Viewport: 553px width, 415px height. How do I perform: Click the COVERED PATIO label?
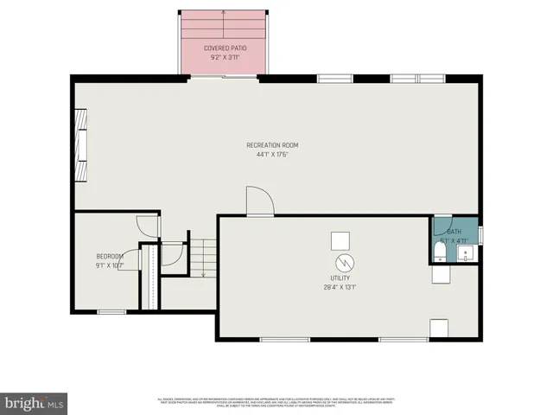222,48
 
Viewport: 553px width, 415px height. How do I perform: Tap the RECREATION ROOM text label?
277,145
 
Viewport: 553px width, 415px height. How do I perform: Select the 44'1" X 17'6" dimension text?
277,155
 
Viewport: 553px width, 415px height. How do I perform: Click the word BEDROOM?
110,257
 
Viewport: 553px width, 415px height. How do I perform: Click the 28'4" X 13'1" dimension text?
341,287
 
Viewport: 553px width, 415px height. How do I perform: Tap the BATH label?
454,232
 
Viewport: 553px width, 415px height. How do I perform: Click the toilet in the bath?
440,251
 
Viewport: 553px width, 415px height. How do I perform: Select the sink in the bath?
466,253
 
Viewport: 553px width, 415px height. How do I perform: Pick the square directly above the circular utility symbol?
342,239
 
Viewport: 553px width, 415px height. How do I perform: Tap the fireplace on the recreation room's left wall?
80,145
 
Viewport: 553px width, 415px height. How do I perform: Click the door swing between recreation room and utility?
258,201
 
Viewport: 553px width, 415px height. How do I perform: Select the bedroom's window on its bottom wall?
111,311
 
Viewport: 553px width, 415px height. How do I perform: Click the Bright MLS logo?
35,402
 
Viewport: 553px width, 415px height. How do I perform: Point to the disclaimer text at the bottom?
276,401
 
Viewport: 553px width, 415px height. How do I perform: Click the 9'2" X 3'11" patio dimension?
222,57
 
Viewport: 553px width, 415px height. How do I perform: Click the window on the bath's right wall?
480,234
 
